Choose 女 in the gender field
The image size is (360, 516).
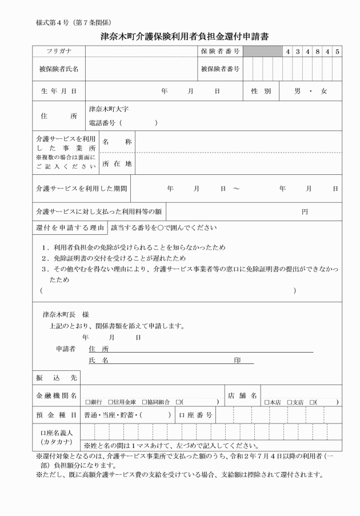(323, 91)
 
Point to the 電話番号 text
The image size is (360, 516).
(104, 123)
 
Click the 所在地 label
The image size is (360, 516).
(117, 164)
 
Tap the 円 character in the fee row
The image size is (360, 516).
(305, 211)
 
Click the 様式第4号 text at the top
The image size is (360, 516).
(54, 22)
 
